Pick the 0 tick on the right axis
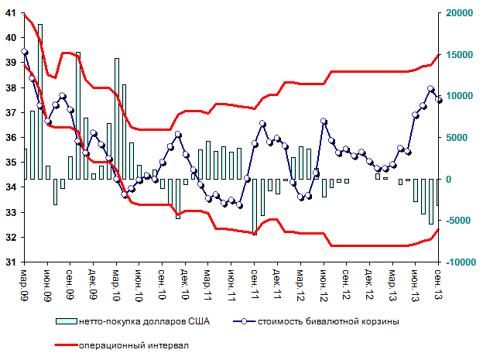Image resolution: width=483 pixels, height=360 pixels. [x=447, y=179]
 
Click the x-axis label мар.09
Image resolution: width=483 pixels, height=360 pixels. [x=24, y=286]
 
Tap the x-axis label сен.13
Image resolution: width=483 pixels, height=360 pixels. [x=438, y=286]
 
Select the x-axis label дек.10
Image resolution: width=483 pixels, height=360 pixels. [x=185, y=286]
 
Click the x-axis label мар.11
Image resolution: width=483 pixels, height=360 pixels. [x=208, y=286]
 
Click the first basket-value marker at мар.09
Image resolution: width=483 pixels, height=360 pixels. [x=25, y=52]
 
